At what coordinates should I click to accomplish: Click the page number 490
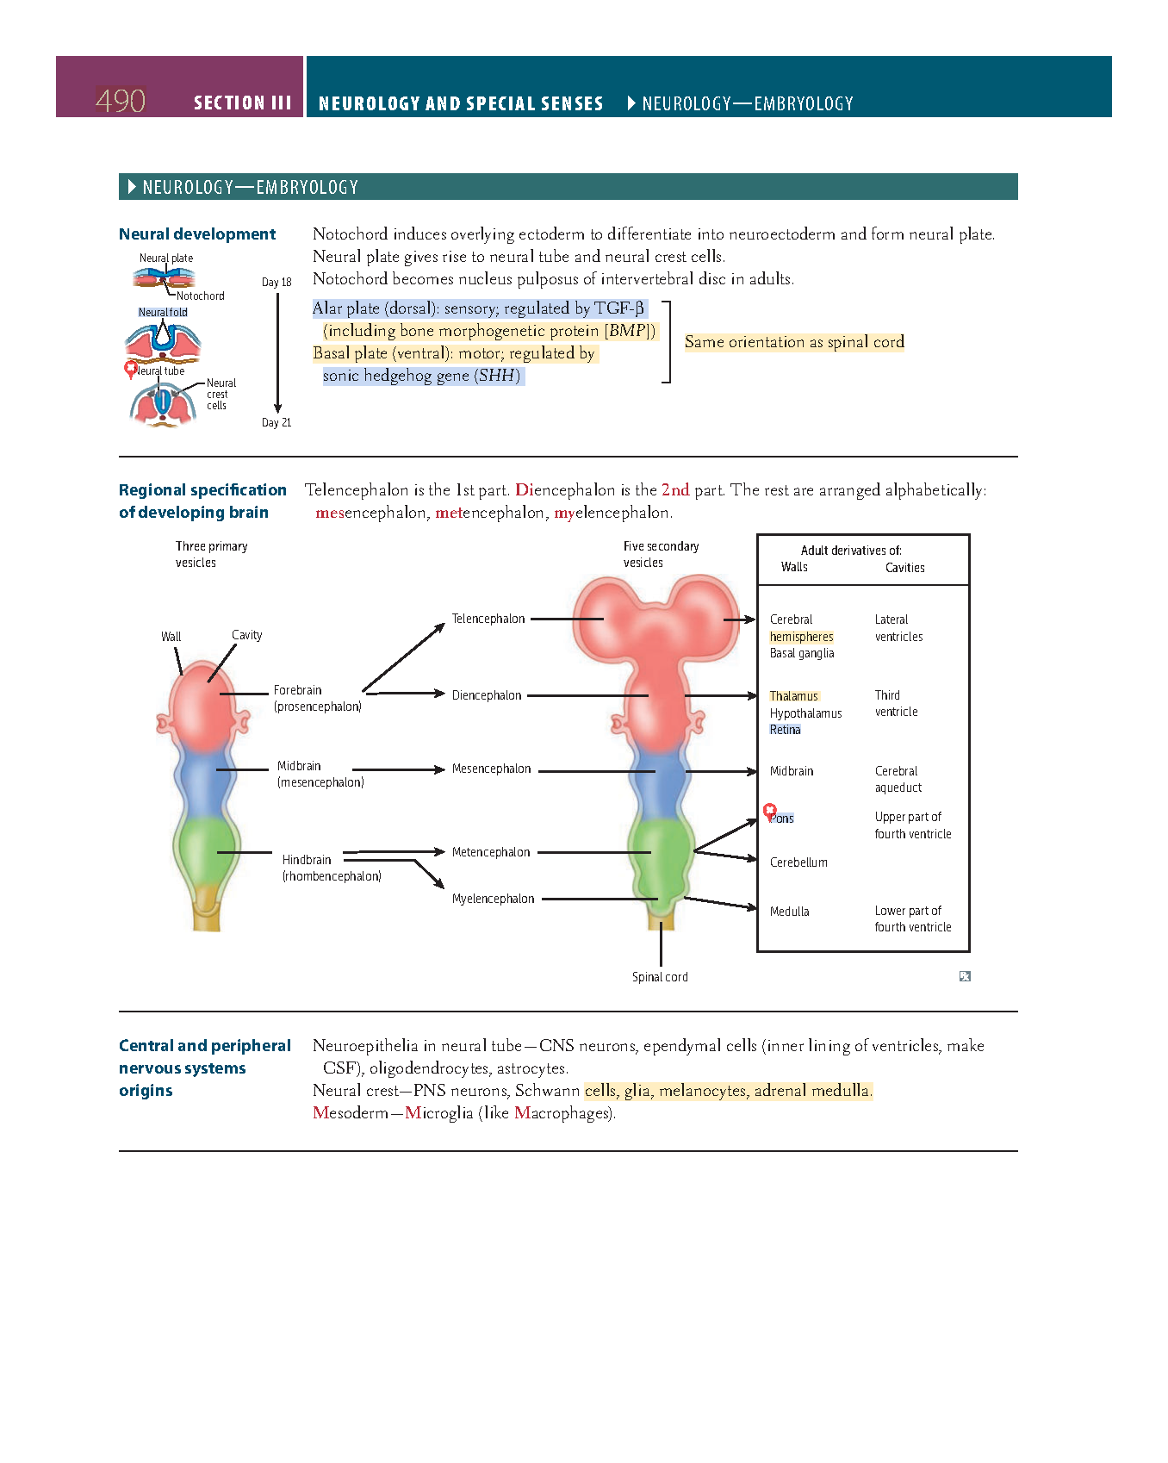click(120, 101)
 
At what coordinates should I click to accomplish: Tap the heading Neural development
click(197, 234)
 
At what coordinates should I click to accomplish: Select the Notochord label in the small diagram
click(200, 296)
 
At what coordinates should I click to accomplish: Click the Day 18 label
click(276, 282)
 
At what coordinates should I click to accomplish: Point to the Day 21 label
click(276, 422)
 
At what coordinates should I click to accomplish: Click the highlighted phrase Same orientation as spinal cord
click(793, 342)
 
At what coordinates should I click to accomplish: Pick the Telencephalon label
click(488, 619)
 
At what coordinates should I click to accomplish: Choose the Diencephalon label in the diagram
click(486, 695)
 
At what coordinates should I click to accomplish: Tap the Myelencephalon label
click(493, 899)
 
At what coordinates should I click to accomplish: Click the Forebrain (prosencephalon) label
click(317, 698)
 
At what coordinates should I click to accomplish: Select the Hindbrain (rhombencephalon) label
click(331, 868)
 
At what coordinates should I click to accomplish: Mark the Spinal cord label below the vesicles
click(660, 977)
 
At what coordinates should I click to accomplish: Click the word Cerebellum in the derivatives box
click(798, 862)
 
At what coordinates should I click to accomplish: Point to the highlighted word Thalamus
click(793, 696)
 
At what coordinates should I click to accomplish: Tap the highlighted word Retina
click(785, 730)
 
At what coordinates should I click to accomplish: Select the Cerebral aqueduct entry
click(897, 779)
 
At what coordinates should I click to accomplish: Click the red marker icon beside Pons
click(770, 811)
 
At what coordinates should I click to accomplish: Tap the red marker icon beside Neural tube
click(131, 369)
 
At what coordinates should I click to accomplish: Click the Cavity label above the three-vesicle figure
click(246, 635)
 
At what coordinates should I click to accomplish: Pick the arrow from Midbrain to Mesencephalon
click(398, 769)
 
